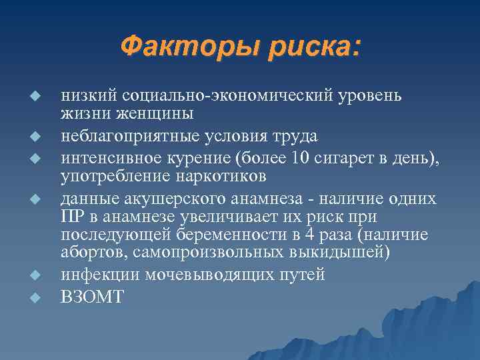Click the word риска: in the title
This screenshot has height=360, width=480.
310,47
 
